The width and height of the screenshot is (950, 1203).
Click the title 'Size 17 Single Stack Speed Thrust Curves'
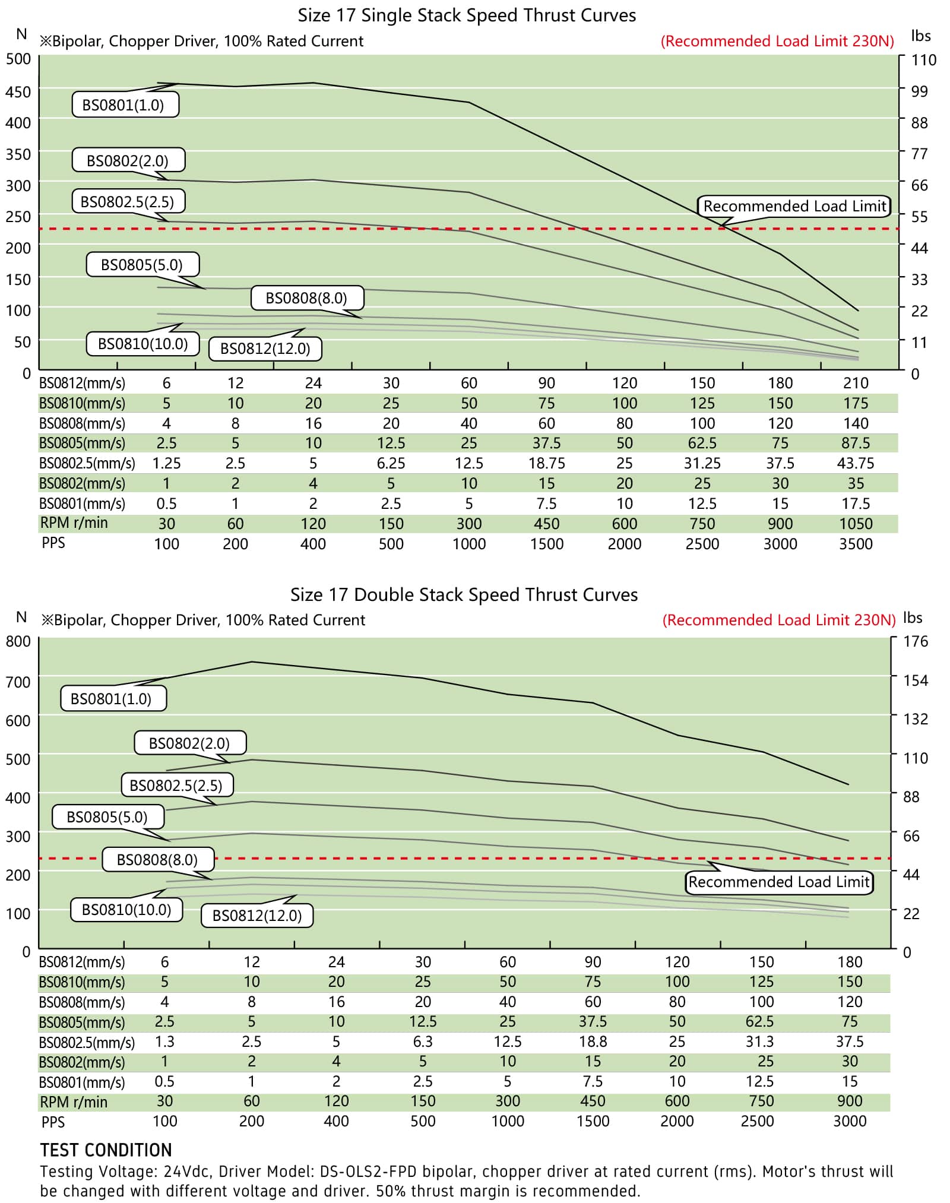coord(467,15)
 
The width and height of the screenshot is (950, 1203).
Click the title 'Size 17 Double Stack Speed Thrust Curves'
coord(464,595)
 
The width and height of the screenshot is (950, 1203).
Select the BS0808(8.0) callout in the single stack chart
coord(306,298)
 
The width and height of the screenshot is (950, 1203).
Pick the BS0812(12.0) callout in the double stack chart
coord(257,915)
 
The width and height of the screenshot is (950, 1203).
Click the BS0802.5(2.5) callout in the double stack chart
coord(176,786)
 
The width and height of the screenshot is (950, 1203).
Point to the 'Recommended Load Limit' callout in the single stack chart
coord(794,206)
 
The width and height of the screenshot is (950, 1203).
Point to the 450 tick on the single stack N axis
coord(18,91)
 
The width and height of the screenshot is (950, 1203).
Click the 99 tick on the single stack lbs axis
coord(919,91)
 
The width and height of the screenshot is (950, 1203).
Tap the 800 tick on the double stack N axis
coord(18,641)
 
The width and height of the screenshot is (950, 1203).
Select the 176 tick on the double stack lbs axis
coord(916,641)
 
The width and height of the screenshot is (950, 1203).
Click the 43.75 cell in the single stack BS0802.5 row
coord(856,463)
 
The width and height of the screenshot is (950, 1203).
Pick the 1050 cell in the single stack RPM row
coord(856,524)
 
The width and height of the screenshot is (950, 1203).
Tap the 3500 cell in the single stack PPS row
coord(856,544)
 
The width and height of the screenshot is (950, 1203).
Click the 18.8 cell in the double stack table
coord(593,1041)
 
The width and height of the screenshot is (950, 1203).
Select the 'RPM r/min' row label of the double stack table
coord(74,1102)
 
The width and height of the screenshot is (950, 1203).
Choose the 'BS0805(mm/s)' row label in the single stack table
coord(82,443)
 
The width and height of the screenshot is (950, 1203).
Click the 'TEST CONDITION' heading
coord(106,1150)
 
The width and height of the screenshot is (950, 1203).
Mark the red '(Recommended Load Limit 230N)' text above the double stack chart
coord(779,620)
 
